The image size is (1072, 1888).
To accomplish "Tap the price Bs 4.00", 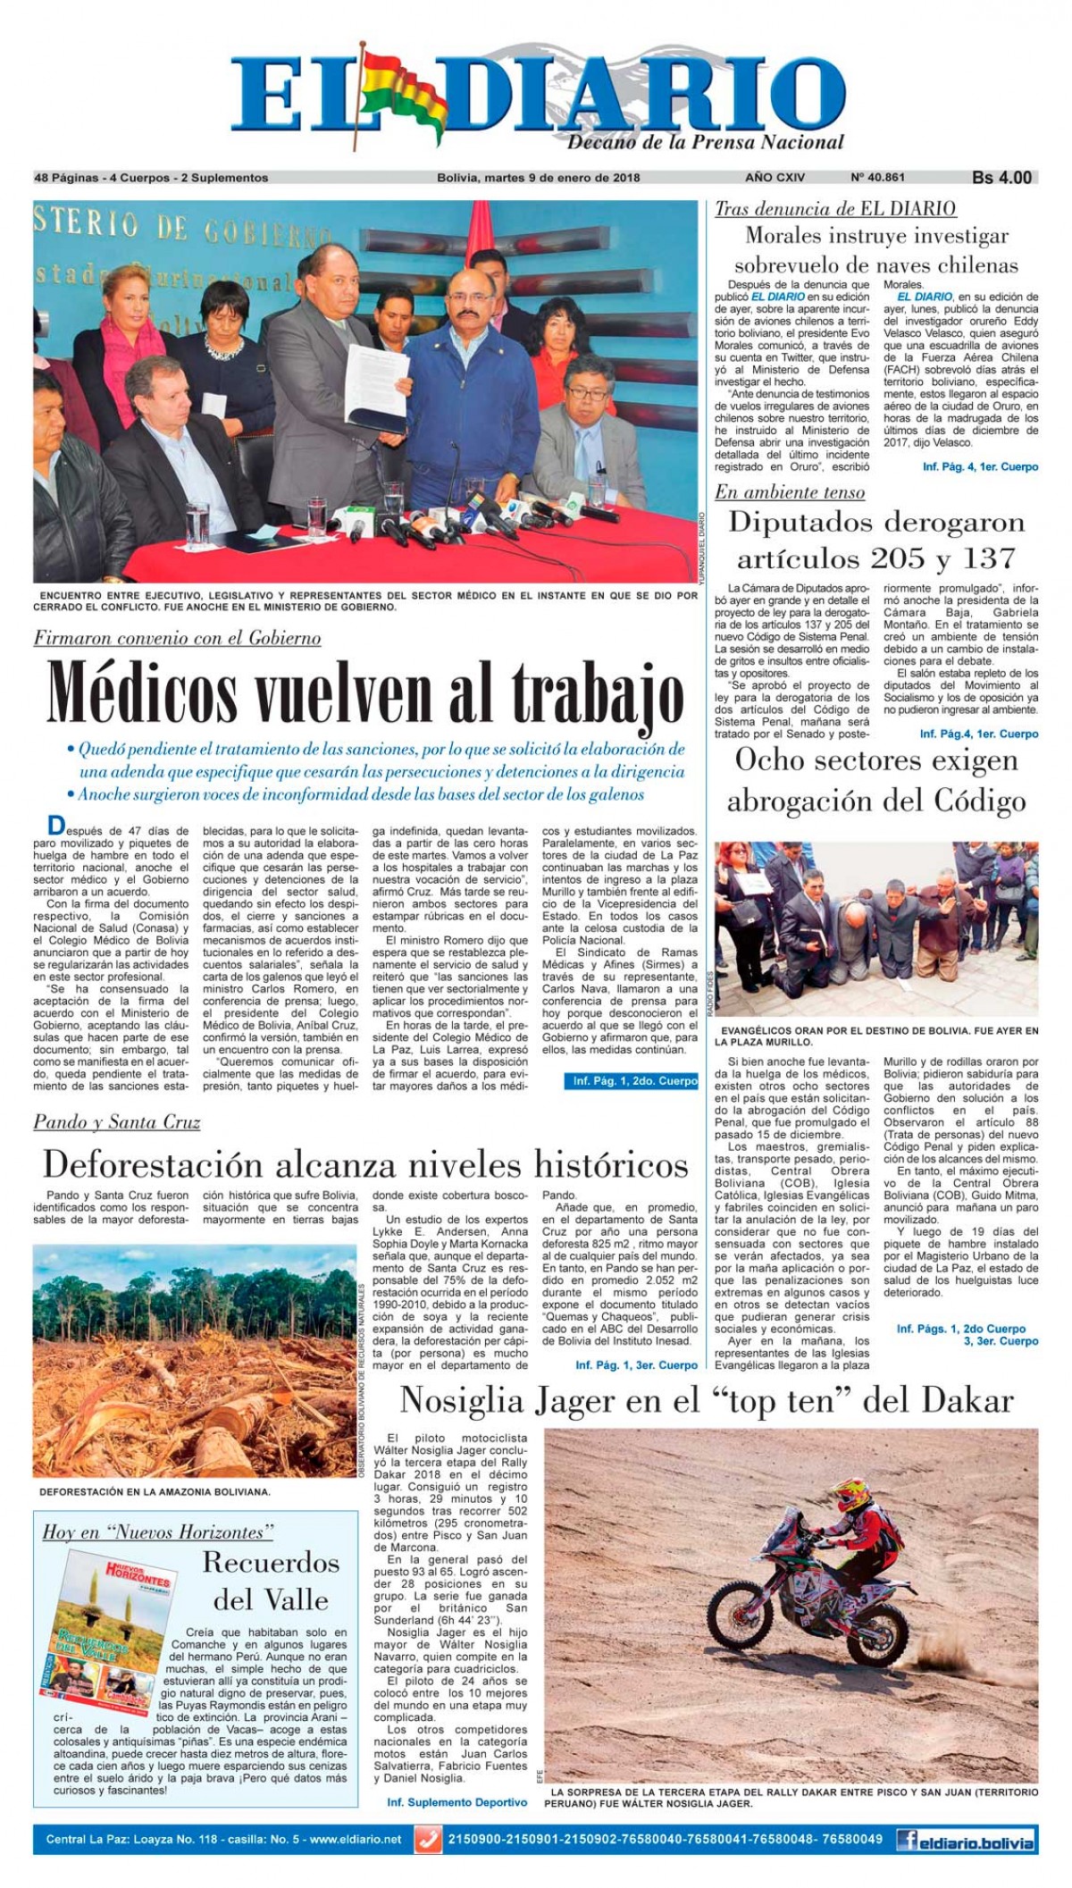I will [1001, 178].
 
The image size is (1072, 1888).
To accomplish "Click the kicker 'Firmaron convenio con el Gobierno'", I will [177, 638].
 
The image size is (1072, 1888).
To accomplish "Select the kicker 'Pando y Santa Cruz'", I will [117, 1122].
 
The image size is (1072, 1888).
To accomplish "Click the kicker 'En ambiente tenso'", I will [789, 492].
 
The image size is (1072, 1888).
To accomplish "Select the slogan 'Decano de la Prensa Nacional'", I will [705, 142].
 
